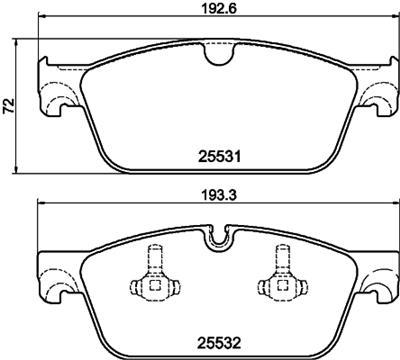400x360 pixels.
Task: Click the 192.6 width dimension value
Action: tap(219, 8)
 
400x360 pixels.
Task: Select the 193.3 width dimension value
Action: tap(219, 195)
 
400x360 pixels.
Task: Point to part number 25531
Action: tap(219, 156)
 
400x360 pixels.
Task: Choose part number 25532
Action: tap(219, 342)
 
